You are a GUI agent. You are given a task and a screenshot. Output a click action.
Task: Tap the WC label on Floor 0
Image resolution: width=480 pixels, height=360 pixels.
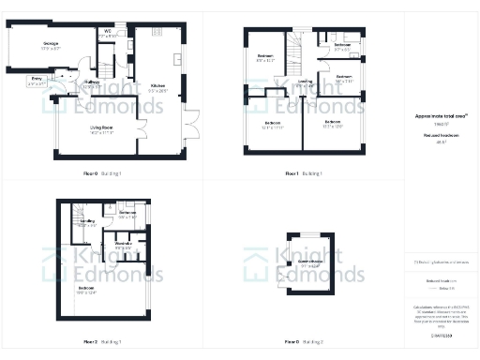pos(108,32)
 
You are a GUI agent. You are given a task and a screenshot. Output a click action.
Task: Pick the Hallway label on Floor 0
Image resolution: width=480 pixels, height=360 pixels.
pos(93,83)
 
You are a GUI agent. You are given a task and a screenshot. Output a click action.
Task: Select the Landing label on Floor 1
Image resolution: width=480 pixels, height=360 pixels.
pos(305,82)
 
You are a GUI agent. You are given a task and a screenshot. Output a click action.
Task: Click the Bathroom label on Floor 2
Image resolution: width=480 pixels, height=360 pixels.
pos(127,214)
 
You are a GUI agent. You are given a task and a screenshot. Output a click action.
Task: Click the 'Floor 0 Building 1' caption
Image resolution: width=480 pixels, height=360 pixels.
pos(103,173)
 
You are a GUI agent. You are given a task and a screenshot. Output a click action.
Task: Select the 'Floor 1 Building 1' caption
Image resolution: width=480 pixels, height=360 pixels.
pos(304,173)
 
